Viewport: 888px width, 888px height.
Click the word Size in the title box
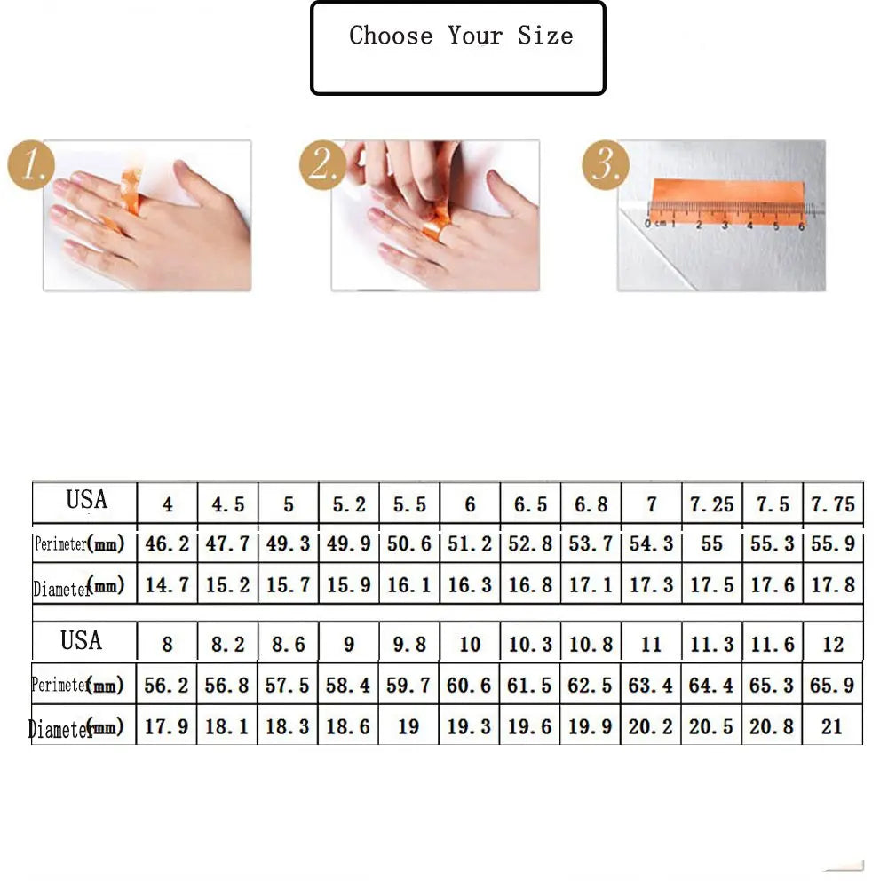(545, 36)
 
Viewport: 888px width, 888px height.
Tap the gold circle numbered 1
(32, 166)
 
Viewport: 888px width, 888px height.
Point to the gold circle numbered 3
(606, 166)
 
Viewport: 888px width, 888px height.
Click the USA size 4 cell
(167, 505)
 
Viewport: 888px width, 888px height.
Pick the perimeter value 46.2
(167, 543)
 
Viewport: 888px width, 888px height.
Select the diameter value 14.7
(167, 585)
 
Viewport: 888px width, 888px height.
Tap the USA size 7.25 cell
(711, 505)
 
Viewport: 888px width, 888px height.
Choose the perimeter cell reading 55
(711, 543)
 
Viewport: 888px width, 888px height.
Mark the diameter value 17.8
(832, 585)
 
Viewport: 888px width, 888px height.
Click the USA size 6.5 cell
(530, 505)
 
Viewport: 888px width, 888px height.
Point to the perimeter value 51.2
(470, 543)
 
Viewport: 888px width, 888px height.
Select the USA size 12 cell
(832, 644)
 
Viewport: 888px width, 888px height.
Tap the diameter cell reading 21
(832, 726)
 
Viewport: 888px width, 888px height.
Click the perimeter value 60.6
(470, 686)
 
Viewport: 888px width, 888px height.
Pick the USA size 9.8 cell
(408, 644)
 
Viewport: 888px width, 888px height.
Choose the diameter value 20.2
(651, 726)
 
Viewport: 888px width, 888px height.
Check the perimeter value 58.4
(348, 686)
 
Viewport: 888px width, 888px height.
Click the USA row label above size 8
(82, 640)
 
